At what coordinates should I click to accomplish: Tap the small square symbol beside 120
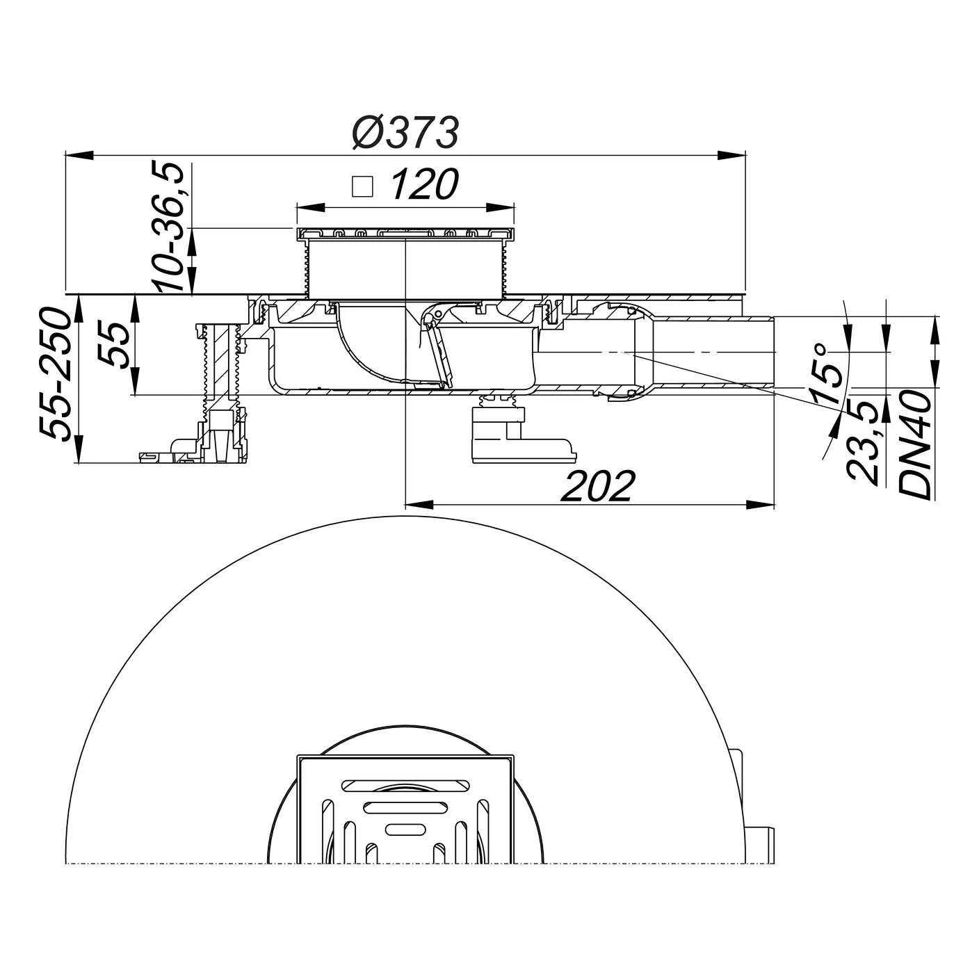pyautogui.click(x=363, y=186)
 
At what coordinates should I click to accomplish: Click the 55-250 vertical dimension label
pyautogui.click(x=54, y=375)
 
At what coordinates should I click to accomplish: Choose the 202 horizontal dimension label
pyautogui.click(x=599, y=486)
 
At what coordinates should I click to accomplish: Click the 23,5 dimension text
pyautogui.click(x=863, y=442)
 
